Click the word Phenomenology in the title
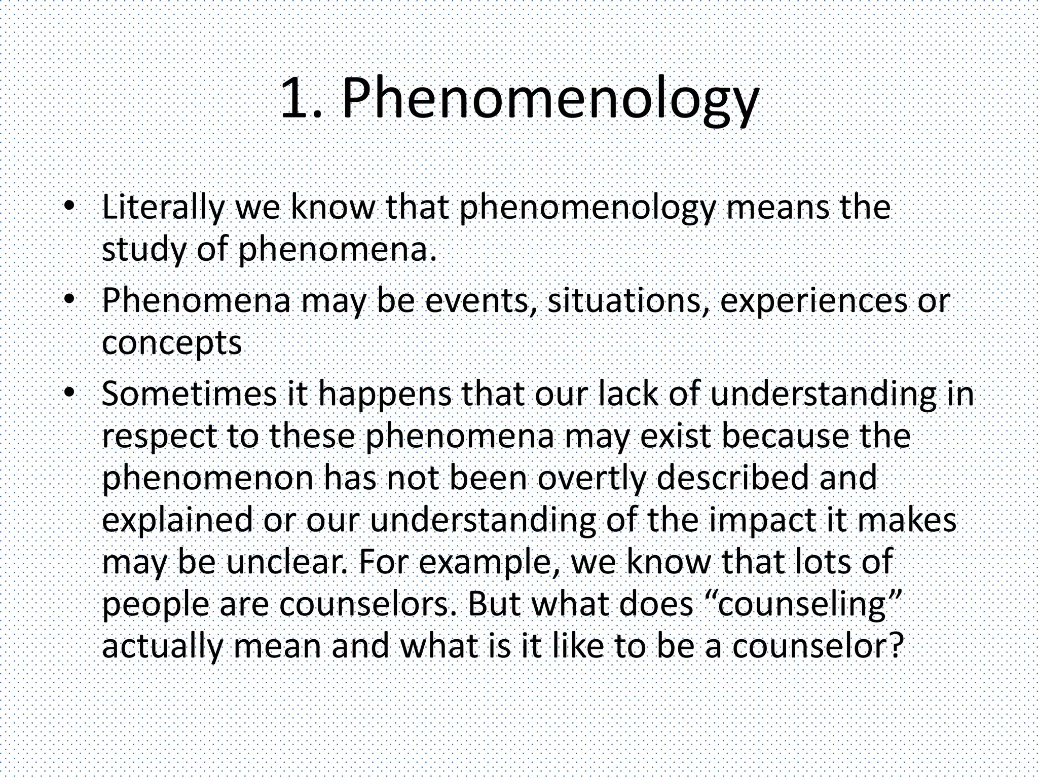point(550,99)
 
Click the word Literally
point(163,208)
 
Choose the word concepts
point(172,343)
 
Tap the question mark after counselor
point(897,646)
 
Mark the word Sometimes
point(189,394)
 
